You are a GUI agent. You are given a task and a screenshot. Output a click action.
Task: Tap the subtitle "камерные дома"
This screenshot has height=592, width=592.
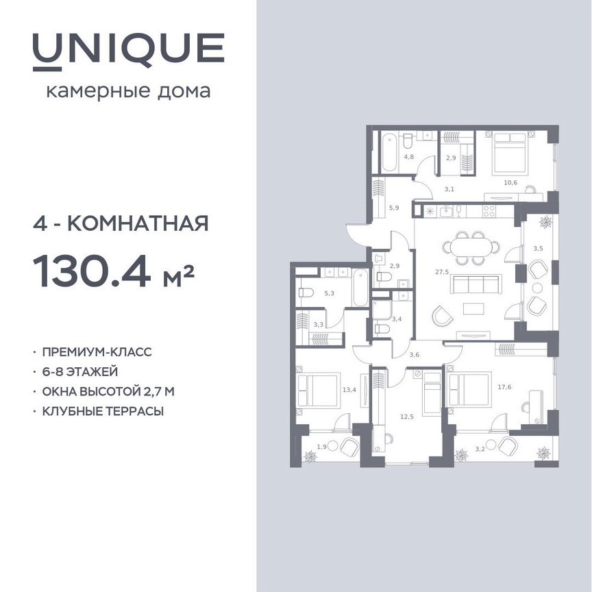click(x=128, y=91)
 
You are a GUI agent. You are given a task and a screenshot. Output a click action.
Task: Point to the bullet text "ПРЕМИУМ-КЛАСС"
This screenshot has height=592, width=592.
click(x=96, y=352)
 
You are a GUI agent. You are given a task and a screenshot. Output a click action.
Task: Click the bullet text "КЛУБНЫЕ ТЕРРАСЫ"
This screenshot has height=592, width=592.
click(x=102, y=411)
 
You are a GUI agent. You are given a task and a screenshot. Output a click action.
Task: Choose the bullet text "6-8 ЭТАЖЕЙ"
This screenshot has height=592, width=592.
click(x=80, y=372)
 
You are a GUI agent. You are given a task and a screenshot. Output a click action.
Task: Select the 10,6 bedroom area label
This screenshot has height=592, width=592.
click(x=510, y=182)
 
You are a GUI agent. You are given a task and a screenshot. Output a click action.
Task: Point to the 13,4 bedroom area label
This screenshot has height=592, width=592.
click(x=349, y=391)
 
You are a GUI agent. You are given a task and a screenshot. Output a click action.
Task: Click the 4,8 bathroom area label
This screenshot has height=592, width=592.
click(x=408, y=157)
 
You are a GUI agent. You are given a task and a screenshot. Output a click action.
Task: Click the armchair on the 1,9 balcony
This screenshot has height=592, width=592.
click(x=349, y=447)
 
